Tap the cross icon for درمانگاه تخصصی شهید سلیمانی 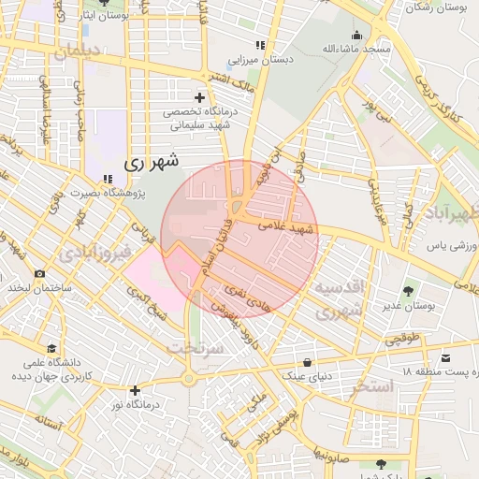(x=198, y=97)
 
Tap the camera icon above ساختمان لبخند (x=38, y=274)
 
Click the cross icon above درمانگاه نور (x=136, y=390)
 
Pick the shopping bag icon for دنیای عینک (x=308, y=362)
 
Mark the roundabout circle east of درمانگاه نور (x=189, y=379)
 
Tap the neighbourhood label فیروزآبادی (x=93, y=254)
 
